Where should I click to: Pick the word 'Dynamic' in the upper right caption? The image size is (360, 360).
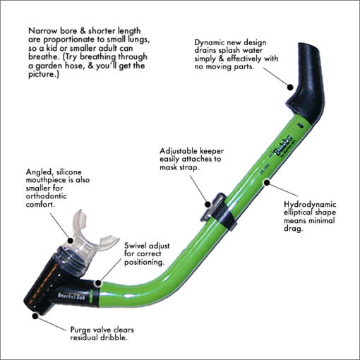(x=212, y=42)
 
